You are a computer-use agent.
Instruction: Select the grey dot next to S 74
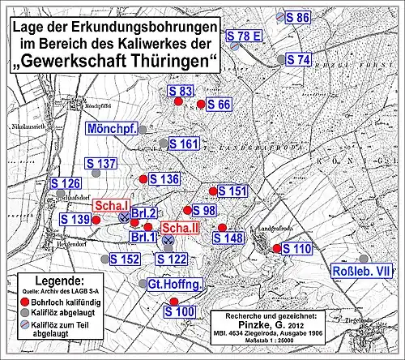pos(280,60)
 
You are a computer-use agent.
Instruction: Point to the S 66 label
pos(220,104)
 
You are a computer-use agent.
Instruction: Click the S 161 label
pos(184,144)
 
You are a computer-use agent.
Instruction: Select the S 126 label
pos(66,183)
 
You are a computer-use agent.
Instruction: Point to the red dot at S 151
pos(213,191)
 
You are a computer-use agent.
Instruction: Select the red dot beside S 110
pos(277,249)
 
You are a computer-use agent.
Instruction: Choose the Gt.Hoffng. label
pos(174,285)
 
